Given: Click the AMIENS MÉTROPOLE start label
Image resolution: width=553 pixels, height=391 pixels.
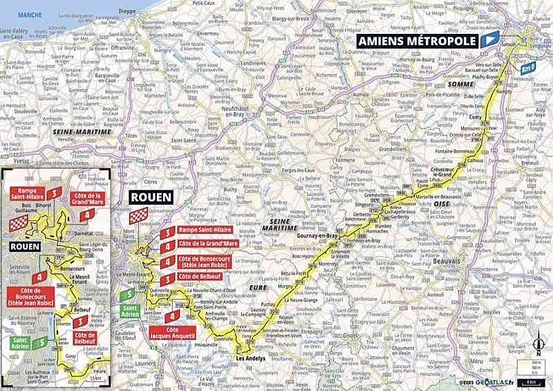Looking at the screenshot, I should tap(418, 42).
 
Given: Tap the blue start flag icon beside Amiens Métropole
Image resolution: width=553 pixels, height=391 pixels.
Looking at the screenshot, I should tap(490, 41).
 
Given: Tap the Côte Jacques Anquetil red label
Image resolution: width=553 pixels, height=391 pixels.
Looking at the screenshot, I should tap(170, 331).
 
